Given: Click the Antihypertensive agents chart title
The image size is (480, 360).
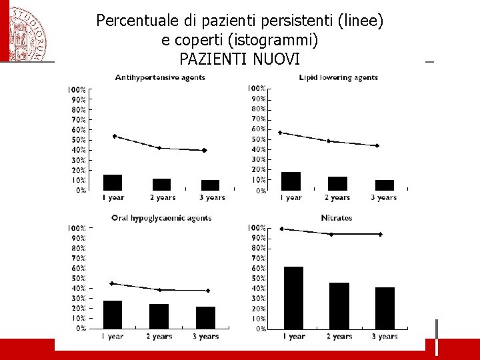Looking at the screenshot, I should pyautogui.click(x=160, y=77).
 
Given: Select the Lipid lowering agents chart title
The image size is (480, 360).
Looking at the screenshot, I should pyautogui.click(x=339, y=77).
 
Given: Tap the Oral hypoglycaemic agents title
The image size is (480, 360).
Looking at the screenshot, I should pyautogui.click(x=161, y=217).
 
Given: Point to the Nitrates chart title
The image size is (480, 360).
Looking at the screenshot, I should pyautogui.click(x=337, y=217).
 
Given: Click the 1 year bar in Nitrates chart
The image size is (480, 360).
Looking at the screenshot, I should pyautogui.click(x=293, y=297).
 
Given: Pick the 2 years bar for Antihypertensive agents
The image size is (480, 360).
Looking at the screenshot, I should pyautogui.click(x=161, y=184).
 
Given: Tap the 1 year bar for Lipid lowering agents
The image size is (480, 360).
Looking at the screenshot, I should pyautogui.click(x=291, y=181).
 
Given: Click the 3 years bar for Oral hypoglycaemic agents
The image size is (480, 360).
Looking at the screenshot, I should pyautogui.click(x=205, y=317).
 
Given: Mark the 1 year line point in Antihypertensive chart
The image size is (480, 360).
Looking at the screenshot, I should pyautogui.click(x=115, y=136).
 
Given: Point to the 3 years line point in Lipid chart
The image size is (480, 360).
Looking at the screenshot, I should pyautogui.click(x=377, y=145).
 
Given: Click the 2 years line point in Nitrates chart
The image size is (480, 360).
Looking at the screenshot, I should pyautogui.click(x=331, y=234).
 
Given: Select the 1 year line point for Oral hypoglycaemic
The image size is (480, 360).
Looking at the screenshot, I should pyautogui.click(x=112, y=283).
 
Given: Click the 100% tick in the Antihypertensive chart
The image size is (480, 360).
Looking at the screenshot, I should pyautogui.click(x=77, y=89).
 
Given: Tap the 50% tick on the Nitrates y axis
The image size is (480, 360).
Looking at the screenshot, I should pyautogui.click(x=257, y=278).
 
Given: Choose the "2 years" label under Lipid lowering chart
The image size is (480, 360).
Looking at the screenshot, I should pyautogui.click(x=338, y=197).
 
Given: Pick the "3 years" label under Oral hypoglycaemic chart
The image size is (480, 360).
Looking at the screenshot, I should pyautogui.click(x=205, y=337).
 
